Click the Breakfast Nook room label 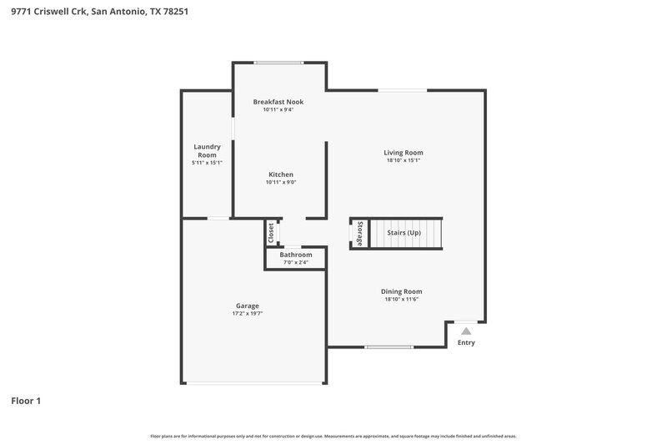tap(278, 102)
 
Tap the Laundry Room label tap(207, 151)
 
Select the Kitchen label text tap(280, 174)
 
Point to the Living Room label tap(404, 153)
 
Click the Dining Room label tap(403, 291)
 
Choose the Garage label tap(247, 306)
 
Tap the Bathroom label tap(295, 255)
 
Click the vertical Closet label tap(271, 233)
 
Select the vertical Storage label tap(359, 233)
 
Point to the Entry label tap(466, 342)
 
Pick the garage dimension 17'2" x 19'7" tap(247, 314)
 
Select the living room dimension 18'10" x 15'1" tap(404, 161)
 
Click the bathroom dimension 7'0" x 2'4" tap(295, 263)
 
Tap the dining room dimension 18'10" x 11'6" tap(403, 300)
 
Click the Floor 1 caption tap(26, 401)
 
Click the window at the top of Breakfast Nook tap(278, 63)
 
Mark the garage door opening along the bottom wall tap(254, 383)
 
